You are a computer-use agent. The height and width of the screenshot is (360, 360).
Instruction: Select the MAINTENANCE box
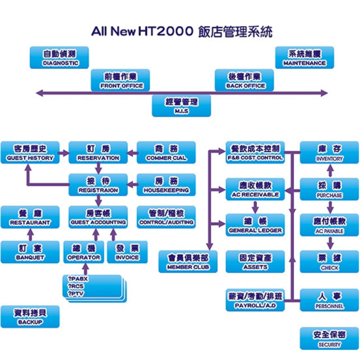304,58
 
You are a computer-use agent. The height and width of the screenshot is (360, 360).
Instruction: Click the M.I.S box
181,106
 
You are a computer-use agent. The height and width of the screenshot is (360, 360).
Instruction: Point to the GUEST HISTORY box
30,153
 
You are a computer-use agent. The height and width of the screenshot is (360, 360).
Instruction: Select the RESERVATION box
98,153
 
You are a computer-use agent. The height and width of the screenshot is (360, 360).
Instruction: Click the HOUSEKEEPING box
166,185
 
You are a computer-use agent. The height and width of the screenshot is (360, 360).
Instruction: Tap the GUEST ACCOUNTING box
98,217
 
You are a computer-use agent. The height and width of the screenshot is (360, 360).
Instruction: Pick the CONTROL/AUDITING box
166,217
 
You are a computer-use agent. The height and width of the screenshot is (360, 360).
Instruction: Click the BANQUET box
30,252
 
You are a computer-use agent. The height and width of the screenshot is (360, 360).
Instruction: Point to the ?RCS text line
76,286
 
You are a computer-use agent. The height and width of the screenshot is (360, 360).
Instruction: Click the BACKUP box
30,317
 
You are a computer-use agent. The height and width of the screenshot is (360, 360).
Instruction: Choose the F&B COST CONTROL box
256,153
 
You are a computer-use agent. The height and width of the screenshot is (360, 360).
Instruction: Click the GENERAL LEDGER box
256,225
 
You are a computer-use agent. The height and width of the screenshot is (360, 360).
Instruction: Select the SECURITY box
329,339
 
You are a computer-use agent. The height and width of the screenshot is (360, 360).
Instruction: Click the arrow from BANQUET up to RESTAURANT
30,234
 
